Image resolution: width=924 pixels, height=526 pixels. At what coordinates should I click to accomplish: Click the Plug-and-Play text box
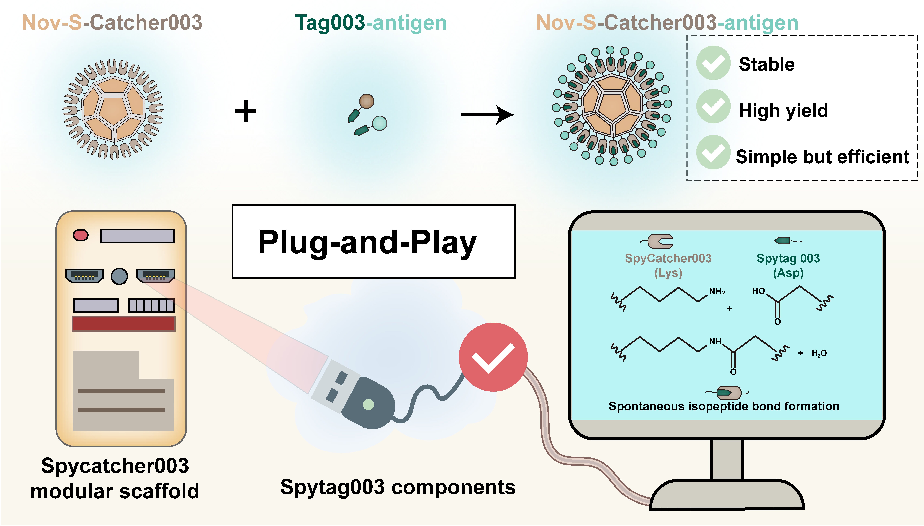click(x=374, y=241)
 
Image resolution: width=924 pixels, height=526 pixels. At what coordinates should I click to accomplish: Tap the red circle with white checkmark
click(x=493, y=357)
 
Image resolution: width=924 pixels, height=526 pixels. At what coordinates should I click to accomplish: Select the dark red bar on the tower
click(x=123, y=324)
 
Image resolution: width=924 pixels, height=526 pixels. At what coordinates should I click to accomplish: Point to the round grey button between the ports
click(x=120, y=276)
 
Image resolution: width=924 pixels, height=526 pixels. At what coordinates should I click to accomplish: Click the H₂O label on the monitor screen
click(x=819, y=353)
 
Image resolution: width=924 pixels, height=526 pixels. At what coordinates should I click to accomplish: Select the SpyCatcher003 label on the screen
click(x=668, y=258)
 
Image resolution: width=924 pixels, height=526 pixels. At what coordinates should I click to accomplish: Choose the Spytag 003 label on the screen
click(x=788, y=258)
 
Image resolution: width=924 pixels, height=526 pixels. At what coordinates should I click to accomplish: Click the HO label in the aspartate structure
click(x=758, y=291)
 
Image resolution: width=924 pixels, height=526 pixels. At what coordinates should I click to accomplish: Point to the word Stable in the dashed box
click(x=767, y=64)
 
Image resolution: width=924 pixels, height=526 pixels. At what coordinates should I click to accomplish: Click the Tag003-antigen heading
click(x=371, y=23)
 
